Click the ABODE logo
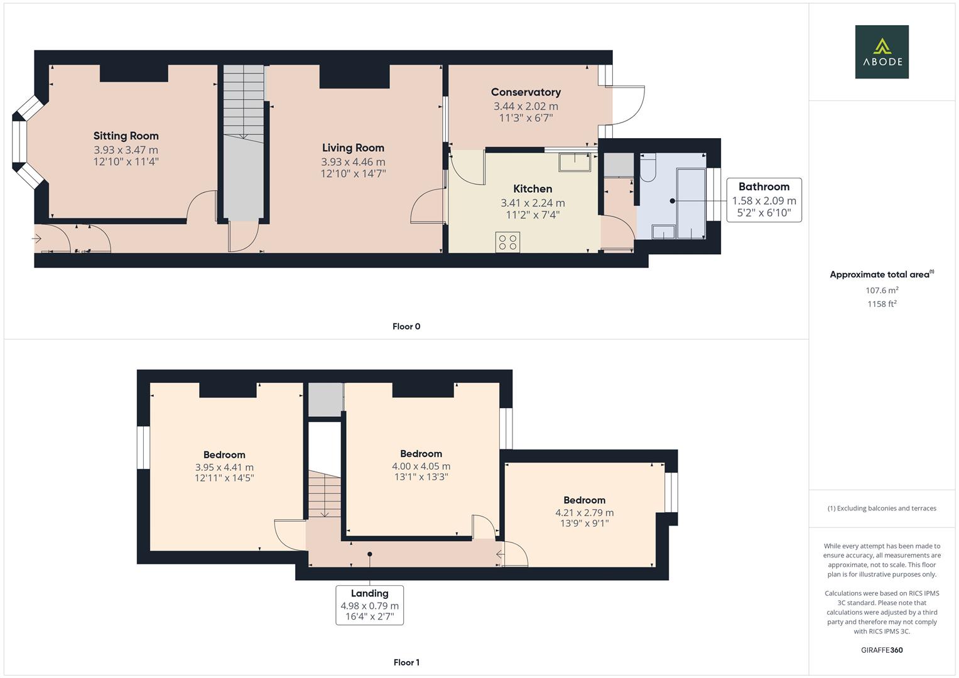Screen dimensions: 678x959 (881, 52)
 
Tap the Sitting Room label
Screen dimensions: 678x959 (126, 136)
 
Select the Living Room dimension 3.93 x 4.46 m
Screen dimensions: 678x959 (353, 162)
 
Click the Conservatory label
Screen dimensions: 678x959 (526, 92)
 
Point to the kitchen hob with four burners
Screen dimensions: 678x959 (507, 242)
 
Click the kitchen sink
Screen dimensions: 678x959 (575, 162)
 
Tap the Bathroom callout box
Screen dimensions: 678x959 (764, 200)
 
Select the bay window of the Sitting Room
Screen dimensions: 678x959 (22, 142)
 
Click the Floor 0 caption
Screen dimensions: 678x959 (406, 326)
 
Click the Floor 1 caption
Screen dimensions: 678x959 (406, 662)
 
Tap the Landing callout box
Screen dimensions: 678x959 (369, 605)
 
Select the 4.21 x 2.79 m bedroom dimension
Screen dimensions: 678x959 (584, 513)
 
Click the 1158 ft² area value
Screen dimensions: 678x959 (882, 304)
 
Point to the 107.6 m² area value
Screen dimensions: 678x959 (882, 290)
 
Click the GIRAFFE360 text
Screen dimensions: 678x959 (882, 650)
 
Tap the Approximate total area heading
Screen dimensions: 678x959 (881, 274)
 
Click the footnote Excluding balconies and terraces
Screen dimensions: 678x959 (882, 508)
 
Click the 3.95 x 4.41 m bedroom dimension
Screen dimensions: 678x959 (224, 467)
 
